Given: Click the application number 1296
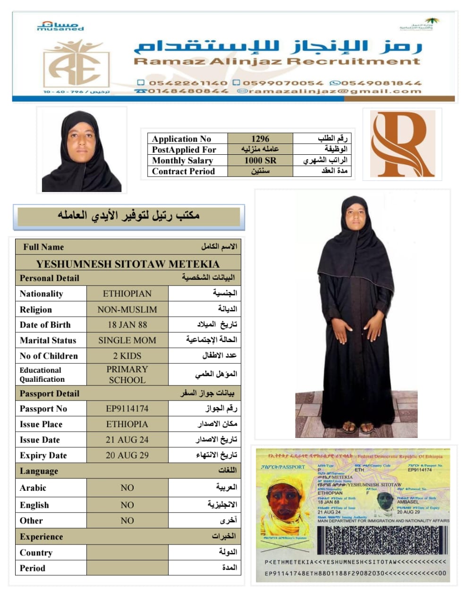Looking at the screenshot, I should (260, 139).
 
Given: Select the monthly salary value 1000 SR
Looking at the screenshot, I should (260, 160).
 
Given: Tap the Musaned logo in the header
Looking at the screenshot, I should (60, 26).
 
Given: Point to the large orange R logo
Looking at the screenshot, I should (402, 144).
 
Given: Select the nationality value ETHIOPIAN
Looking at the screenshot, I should (127, 294).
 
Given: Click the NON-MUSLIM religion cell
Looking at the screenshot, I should (127, 310).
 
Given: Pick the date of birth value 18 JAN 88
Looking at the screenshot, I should (127, 325).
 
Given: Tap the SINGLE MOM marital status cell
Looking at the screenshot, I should (127, 340).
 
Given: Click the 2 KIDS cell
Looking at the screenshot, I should (127, 356).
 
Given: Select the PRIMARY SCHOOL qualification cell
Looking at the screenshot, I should (127, 374).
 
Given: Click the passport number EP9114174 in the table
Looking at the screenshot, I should (127, 409).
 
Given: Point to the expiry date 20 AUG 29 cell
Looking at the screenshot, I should (127, 455).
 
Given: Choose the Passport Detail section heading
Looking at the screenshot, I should (50, 394).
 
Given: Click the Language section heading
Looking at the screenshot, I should (39, 471).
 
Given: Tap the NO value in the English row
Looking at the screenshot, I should (127, 505).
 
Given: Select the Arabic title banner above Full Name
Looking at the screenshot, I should (128, 216).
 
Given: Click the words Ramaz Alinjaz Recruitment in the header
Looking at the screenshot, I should (277, 61).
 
